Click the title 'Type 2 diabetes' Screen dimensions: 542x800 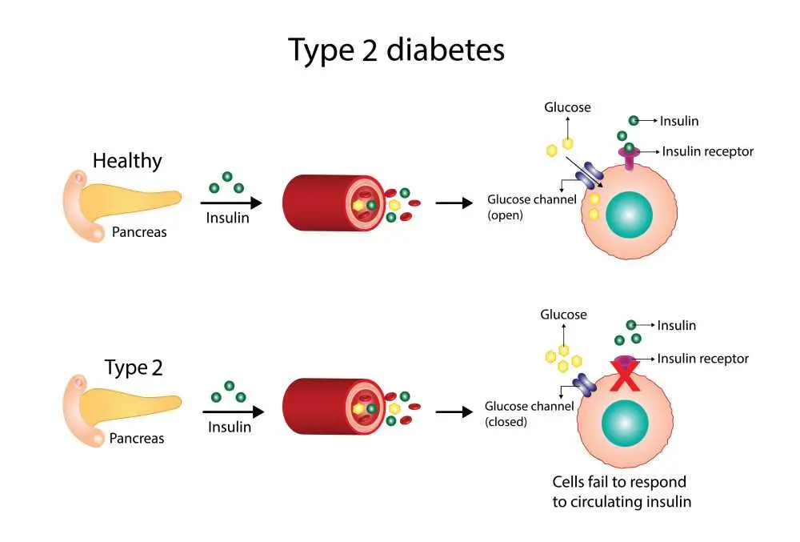tap(397, 50)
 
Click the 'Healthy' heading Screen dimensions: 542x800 tap(127, 160)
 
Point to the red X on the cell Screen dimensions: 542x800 tap(626, 375)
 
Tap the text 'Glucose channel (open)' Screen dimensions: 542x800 tap(531, 207)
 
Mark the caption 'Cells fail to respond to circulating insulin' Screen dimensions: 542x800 tap(622, 492)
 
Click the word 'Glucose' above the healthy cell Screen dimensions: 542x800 tap(567, 107)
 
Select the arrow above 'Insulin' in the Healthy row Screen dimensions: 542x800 tap(230, 203)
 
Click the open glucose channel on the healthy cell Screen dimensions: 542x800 tap(594, 173)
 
